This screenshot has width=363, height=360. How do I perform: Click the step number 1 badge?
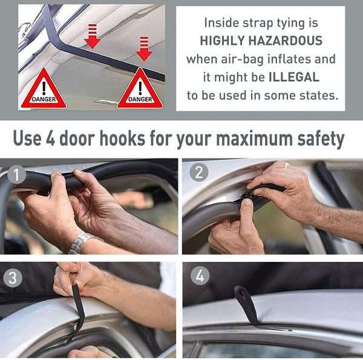[x=16, y=175]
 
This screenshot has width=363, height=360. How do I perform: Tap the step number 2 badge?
[x=199, y=172]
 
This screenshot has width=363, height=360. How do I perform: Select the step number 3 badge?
[x=13, y=278]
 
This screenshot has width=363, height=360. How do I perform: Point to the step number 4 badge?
[x=200, y=275]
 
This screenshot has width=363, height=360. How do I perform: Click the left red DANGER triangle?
[x=44, y=89]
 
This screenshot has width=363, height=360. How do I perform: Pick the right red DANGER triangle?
[x=140, y=89]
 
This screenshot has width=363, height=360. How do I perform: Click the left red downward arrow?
[x=93, y=36]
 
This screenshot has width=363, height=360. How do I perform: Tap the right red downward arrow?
[x=144, y=48]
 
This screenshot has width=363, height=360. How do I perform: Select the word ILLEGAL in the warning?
[x=294, y=77]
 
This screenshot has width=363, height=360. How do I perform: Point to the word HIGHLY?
[x=222, y=41]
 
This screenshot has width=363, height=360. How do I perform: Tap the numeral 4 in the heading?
[x=50, y=139]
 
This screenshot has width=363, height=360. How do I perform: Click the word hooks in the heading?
[x=122, y=138]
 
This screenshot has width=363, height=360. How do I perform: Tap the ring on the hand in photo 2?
[x=287, y=165]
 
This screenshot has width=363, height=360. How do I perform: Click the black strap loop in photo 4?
[x=246, y=305]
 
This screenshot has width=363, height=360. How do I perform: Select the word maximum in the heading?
[x=254, y=139]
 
